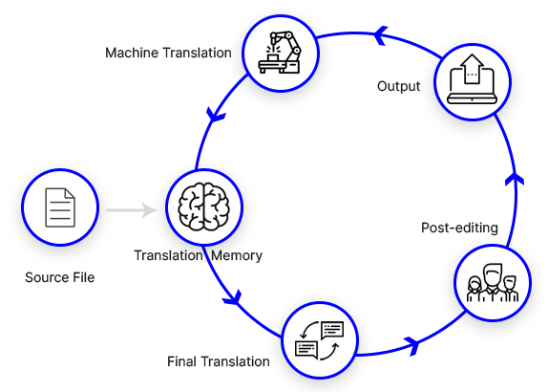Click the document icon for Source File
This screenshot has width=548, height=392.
pos(60,207)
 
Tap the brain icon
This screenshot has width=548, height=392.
pos(203,207)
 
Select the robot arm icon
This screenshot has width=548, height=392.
pos(280,53)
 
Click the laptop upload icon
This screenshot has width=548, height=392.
pos(473,79)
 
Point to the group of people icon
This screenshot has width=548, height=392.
pos(493,283)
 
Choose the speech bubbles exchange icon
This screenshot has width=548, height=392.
pos(320,340)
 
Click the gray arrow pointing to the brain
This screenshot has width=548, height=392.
pos(132,210)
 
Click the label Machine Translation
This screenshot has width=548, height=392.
pos(168,53)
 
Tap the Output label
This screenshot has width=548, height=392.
pos(398,86)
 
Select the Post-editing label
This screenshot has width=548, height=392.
pos(459,228)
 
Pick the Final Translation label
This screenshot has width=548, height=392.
pos(219,361)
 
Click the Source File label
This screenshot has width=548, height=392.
pos(60,277)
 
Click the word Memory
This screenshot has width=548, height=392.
pos(237,255)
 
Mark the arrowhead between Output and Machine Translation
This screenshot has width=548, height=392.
pos(380,35)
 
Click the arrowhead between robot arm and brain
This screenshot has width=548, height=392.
pos(216,115)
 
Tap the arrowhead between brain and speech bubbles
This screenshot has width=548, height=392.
pos(233,297)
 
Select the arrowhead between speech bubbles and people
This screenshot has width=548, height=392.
pos(411,346)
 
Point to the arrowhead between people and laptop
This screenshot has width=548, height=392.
pos(515,179)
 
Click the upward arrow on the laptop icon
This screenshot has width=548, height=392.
pos(473,69)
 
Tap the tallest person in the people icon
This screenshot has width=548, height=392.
pos(493,282)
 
